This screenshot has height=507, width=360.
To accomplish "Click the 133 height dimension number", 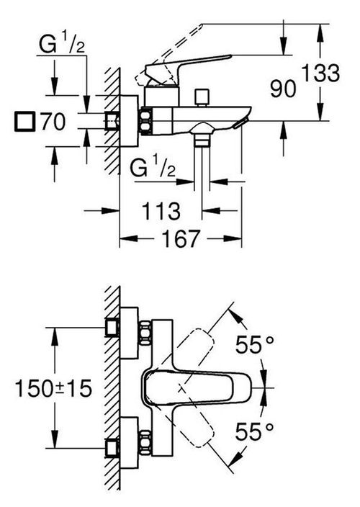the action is click(x=320, y=73).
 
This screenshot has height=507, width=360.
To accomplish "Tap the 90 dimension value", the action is click(x=283, y=89).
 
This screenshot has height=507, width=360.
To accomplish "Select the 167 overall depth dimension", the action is click(x=181, y=239).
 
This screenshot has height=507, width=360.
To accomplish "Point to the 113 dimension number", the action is click(x=161, y=211).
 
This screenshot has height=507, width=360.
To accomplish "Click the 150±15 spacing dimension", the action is click(x=54, y=388).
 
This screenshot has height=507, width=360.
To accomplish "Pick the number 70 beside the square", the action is click(x=53, y=122).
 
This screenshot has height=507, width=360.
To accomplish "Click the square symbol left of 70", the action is click(x=24, y=122).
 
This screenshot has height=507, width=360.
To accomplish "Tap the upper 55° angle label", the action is click(x=254, y=344).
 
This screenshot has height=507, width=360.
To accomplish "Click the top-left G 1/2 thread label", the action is click(x=62, y=44).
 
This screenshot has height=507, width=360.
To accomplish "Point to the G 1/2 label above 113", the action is click(x=153, y=168).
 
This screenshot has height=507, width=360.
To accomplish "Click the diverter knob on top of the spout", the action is click(x=202, y=98).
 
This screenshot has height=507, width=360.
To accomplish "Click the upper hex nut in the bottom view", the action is click(x=145, y=333).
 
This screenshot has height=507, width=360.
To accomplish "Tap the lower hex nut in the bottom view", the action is click(x=145, y=442).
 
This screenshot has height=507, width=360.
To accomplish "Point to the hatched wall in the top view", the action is click(x=112, y=121).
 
